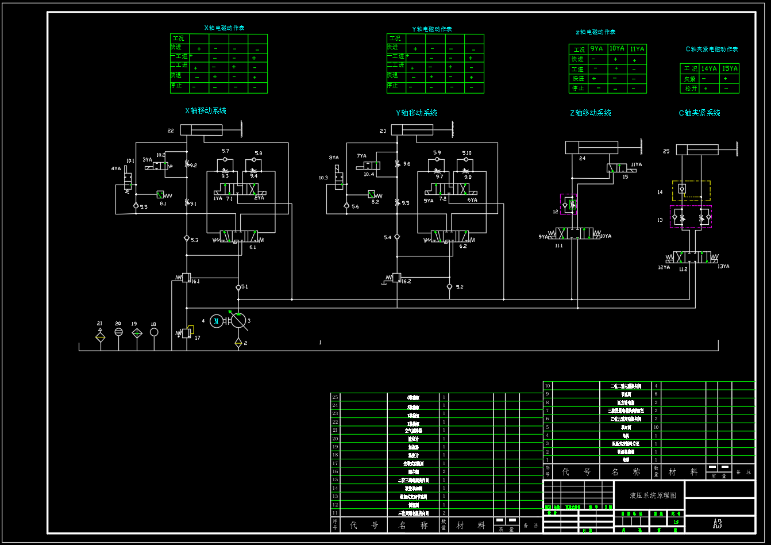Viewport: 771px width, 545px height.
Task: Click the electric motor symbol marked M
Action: (x=217, y=321)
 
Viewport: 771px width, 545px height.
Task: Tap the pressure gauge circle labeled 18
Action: (x=153, y=332)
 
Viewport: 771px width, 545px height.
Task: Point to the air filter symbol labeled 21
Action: (x=101, y=335)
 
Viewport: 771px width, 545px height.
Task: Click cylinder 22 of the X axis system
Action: (x=201, y=131)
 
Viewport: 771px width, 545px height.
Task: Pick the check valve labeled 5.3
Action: (x=187, y=238)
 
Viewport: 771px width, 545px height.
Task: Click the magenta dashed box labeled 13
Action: (x=691, y=217)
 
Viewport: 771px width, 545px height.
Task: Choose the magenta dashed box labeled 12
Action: (x=569, y=204)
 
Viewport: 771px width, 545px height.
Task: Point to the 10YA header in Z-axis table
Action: (x=617, y=49)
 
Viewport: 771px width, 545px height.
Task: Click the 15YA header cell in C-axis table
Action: (x=730, y=69)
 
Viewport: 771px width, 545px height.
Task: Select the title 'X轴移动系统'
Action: (x=205, y=111)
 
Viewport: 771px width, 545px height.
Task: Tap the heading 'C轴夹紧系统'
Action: (x=699, y=113)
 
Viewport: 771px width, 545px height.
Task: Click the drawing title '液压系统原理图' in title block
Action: (x=653, y=495)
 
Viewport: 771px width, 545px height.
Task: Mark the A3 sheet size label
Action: (x=717, y=524)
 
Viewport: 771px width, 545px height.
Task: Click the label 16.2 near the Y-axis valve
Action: (x=406, y=282)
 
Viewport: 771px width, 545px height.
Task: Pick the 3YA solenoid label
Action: (x=148, y=160)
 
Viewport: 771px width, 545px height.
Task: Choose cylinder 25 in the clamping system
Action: (x=697, y=150)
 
